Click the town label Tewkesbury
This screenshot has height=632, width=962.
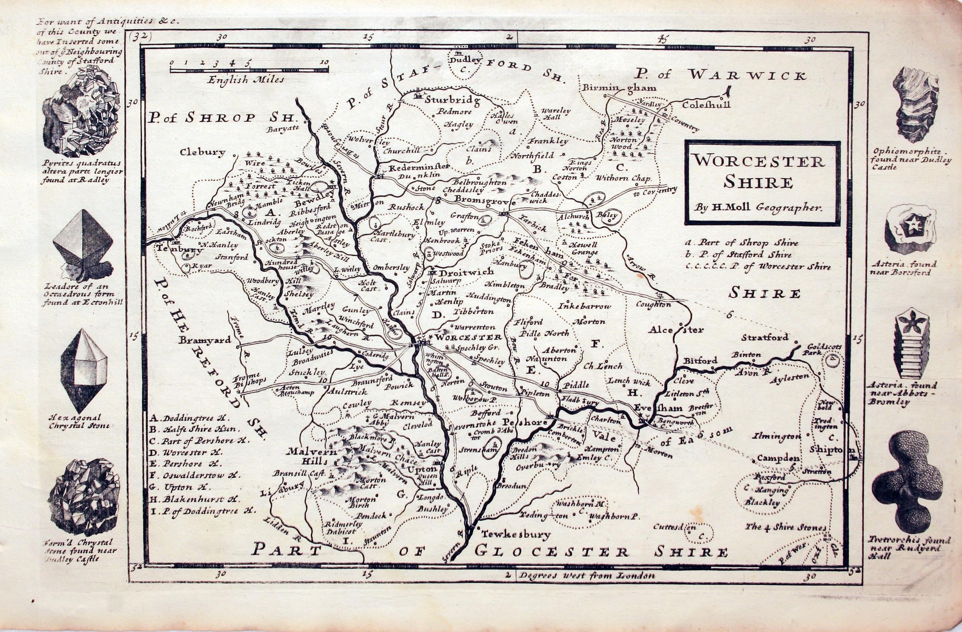[516, 535]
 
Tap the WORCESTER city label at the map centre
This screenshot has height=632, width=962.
[469, 337]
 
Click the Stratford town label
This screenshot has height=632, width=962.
[765, 337]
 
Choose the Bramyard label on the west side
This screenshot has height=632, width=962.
[205, 340]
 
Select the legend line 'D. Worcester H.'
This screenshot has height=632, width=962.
[191, 452]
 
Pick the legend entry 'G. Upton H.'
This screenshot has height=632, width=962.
[185, 487]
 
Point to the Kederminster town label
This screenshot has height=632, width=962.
[418, 167]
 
